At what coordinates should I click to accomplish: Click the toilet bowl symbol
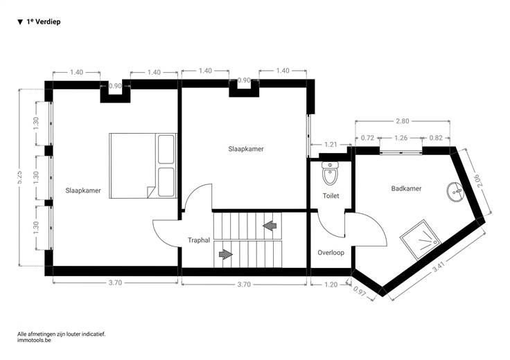point(330,174)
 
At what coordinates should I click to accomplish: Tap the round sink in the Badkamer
point(455,192)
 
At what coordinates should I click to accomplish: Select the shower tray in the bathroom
point(420,240)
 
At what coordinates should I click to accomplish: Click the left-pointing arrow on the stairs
point(270,226)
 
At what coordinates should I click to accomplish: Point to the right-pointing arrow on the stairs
point(226,254)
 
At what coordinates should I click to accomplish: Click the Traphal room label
point(199,240)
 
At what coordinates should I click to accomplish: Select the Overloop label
point(331,253)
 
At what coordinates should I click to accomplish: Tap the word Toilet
point(331,196)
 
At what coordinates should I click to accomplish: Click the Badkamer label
point(406,188)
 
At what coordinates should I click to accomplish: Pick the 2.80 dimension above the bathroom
point(403,121)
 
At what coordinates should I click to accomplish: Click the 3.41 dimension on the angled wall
point(439,267)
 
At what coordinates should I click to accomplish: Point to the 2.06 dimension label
point(479,180)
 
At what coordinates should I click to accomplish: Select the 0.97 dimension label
point(360,291)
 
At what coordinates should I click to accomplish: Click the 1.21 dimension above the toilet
point(331,144)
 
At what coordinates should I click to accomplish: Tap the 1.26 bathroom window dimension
point(401,138)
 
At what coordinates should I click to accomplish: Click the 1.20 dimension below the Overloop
point(331,285)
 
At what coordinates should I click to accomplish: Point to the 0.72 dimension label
point(367,138)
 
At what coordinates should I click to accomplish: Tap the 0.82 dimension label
point(436,138)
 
